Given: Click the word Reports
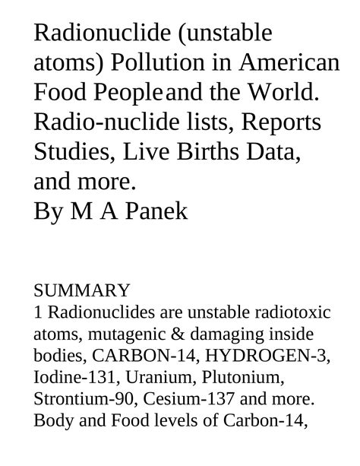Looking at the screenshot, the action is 273,122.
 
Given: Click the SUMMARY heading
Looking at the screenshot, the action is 82,290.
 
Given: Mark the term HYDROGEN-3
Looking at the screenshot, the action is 254,356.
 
